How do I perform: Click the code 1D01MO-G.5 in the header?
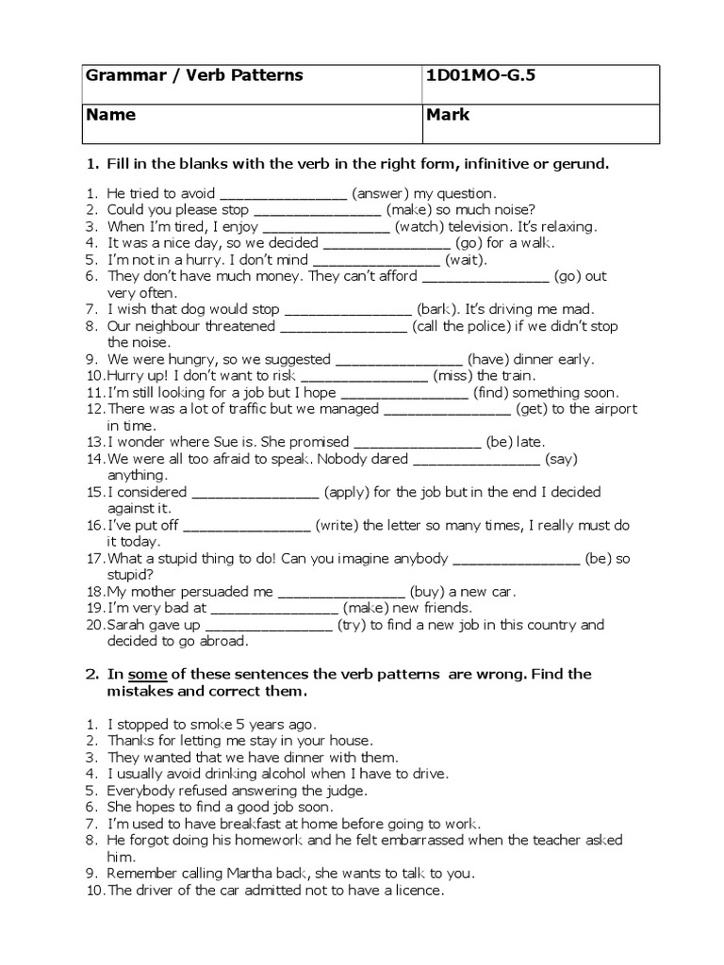click(x=481, y=75)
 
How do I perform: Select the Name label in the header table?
click(x=111, y=115)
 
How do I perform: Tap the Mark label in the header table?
click(x=448, y=115)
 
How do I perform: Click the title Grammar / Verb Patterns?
click(x=195, y=75)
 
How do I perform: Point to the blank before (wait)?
click(x=375, y=260)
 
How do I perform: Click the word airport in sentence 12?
click(x=614, y=409)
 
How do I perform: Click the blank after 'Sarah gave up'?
click(x=269, y=625)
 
